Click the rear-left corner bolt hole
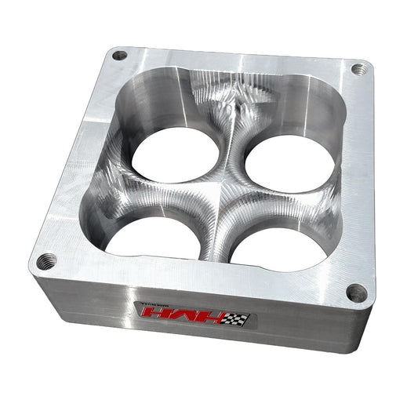point(119,56)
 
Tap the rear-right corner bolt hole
point(358,69)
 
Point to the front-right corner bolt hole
point(357,293)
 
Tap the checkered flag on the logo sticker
point(238,318)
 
